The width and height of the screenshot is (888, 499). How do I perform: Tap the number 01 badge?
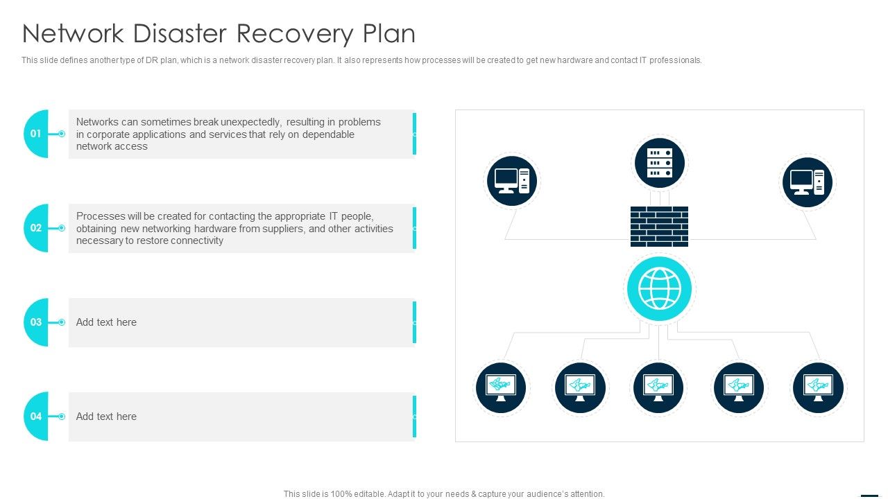(x=36, y=134)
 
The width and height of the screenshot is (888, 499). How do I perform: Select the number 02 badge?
(x=36, y=228)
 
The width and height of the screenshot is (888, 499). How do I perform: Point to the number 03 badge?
(x=36, y=322)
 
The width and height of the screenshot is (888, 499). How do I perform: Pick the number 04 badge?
(x=36, y=417)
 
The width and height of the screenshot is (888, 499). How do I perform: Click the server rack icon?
(x=659, y=164)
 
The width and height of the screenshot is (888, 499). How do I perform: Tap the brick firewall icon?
(x=659, y=227)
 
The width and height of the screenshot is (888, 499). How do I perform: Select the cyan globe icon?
(x=659, y=289)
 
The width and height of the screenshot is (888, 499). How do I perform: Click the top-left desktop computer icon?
(x=512, y=181)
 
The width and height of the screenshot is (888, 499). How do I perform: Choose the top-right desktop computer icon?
(x=808, y=181)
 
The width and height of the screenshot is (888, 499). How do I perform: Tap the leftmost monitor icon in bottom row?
(x=502, y=387)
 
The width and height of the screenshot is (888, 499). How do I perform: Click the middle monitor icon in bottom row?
(x=658, y=387)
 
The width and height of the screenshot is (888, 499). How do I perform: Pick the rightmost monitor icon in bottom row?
(x=818, y=387)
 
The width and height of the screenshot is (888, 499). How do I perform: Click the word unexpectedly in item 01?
(x=250, y=122)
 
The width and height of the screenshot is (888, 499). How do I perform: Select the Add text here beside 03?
(x=106, y=322)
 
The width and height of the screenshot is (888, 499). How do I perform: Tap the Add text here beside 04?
(x=106, y=417)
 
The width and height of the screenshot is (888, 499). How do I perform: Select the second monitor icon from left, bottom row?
(x=580, y=387)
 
